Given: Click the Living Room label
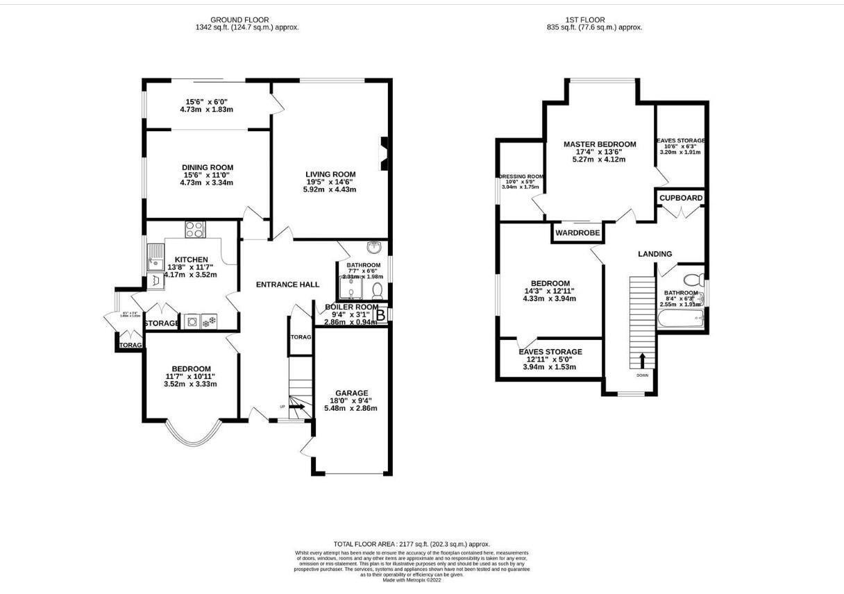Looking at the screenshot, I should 330,174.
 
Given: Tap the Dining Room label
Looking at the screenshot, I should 208,167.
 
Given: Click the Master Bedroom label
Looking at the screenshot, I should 599,144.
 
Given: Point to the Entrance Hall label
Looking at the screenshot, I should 287,285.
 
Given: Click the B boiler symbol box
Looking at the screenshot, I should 380,316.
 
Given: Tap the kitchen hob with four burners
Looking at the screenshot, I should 195,230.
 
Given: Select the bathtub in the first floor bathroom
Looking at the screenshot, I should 680,320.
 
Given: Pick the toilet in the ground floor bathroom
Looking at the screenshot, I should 377,289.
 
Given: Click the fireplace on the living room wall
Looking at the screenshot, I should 383,153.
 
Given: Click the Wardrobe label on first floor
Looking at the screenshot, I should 577,233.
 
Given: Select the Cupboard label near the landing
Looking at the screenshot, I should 680,198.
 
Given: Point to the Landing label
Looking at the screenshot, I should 655,254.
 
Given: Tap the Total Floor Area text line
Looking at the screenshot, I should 412,544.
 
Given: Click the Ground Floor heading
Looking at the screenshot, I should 239,19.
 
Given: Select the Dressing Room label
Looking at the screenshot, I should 520,177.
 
